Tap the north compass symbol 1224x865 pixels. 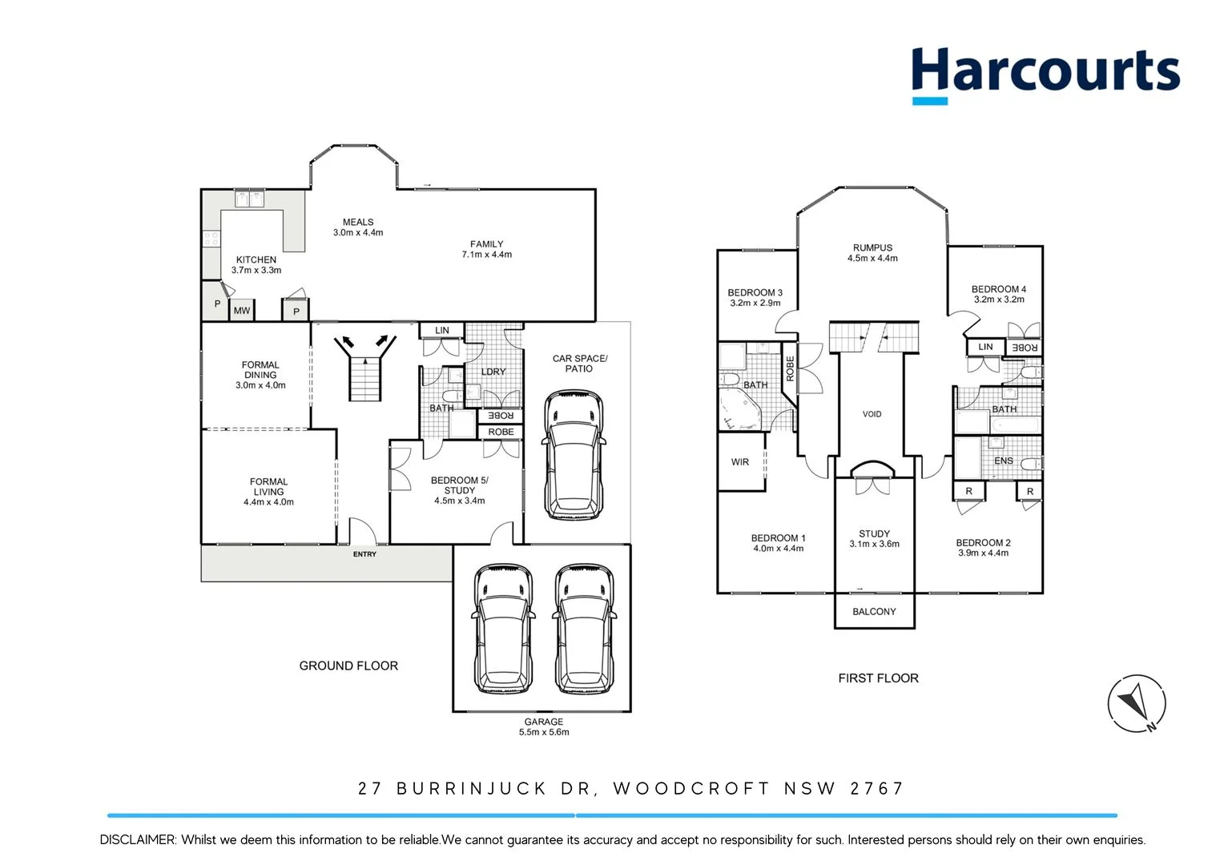[1137, 703]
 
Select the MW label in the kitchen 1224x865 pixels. [242, 311]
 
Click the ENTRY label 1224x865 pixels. [364, 554]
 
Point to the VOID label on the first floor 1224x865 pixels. [872, 414]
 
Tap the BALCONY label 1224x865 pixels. [874, 611]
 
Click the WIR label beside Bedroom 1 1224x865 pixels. [740, 462]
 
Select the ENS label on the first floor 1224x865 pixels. [1003, 461]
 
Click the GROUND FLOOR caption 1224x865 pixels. [348, 666]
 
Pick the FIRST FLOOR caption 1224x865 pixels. [878, 678]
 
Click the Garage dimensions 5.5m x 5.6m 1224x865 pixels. [544, 732]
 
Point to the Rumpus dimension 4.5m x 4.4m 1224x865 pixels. [872, 258]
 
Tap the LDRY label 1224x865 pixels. [493, 372]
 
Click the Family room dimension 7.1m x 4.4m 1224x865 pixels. [486, 255]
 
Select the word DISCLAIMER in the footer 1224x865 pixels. [137, 839]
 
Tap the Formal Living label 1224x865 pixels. [268, 487]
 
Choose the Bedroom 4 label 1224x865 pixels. [998, 289]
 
